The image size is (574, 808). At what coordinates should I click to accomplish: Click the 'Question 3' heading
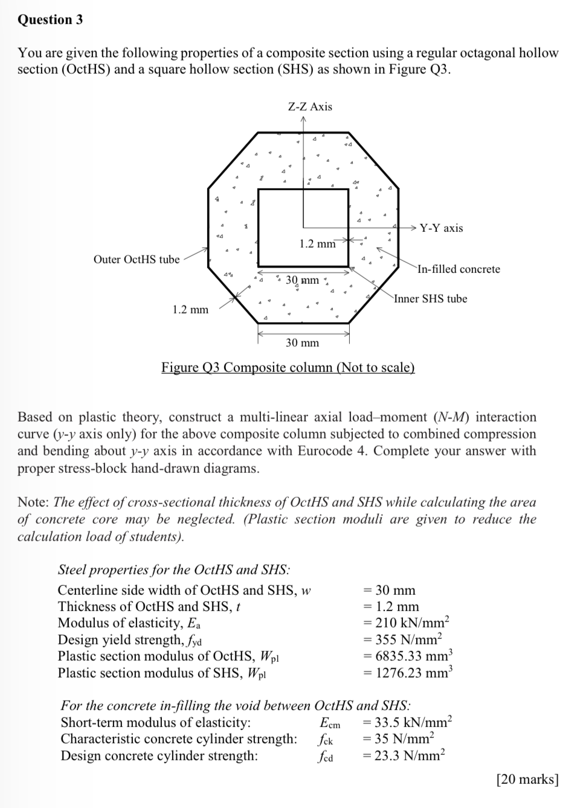click(50, 19)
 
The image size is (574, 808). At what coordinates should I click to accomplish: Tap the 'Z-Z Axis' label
click(310, 107)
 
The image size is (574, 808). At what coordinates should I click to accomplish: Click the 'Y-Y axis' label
click(441, 228)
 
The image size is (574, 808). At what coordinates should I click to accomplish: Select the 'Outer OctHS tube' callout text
click(137, 259)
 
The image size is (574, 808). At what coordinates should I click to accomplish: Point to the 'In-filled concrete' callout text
click(459, 269)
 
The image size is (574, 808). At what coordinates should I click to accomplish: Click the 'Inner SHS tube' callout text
click(431, 298)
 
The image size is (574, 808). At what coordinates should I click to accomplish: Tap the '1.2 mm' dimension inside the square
click(317, 243)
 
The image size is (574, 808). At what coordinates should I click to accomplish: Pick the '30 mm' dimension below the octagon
click(302, 343)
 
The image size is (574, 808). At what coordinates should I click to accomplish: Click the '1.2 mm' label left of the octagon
click(190, 310)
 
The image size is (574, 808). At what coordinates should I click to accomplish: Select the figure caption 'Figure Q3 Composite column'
click(288, 367)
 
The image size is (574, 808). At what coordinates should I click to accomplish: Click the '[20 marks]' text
click(527, 780)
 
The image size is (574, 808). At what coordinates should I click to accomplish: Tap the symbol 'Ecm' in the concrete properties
click(330, 723)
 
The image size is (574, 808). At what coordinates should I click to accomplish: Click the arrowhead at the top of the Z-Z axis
click(304, 118)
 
